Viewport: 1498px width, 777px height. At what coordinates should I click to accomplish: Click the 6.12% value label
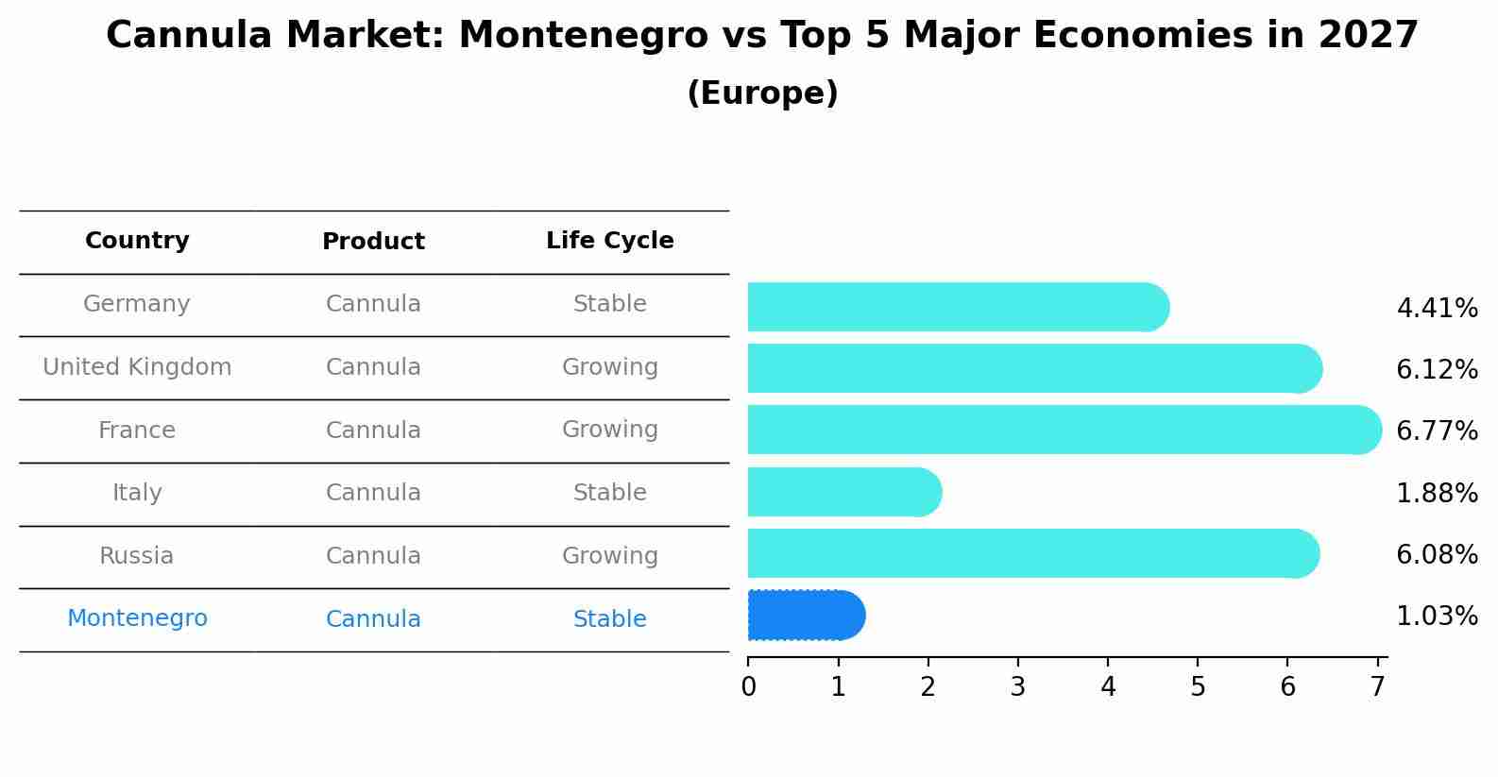pos(1437,370)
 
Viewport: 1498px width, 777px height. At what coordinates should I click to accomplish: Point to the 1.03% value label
pos(1437,617)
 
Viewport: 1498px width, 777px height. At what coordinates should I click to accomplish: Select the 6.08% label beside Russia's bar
pos(1437,555)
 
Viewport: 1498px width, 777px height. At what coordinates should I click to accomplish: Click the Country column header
pos(137,241)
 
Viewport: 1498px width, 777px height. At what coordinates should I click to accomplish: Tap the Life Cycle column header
pos(609,241)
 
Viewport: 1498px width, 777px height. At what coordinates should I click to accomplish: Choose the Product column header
pos(373,242)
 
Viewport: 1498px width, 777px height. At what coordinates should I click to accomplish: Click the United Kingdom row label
pos(137,367)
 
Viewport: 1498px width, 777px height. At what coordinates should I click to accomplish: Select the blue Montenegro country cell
pos(137,618)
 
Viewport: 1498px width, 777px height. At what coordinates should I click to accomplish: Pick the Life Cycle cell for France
pos(609,430)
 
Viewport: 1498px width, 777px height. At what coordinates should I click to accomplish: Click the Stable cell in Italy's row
pos(609,493)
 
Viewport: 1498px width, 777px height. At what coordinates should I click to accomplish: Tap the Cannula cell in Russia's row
pos(373,556)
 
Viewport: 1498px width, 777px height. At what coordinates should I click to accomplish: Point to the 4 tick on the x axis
pos(1108,686)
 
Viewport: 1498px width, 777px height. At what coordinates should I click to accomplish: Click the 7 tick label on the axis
pos(1377,686)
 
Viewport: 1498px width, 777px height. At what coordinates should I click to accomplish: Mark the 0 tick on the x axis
pos(748,686)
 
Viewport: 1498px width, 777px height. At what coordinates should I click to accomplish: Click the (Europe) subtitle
pos(762,93)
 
